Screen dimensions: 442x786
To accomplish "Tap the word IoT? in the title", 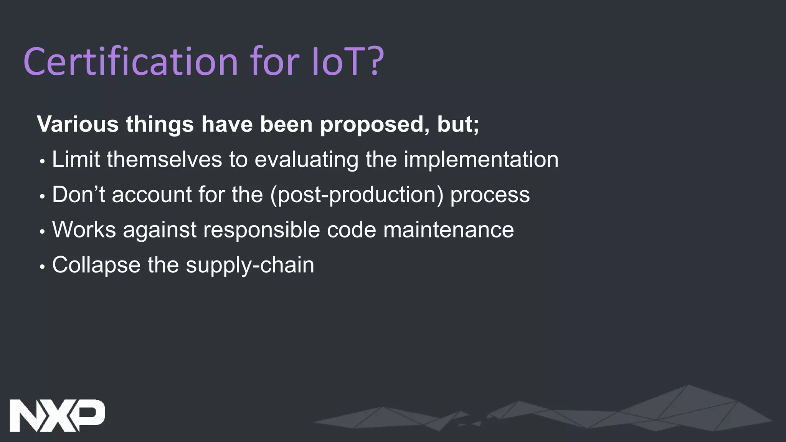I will (x=348, y=61).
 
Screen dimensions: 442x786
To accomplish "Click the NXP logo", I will (x=57, y=416).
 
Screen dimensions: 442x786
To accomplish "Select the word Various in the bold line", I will (x=78, y=124).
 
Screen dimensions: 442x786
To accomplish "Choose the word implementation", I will (x=481, y=160).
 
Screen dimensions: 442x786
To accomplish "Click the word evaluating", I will (x=306, y=160).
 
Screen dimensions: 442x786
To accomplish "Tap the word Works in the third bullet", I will (x=84, y=229).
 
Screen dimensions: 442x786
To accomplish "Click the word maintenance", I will (x=448, y=229).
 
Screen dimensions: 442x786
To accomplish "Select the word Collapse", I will (x=96, y=265).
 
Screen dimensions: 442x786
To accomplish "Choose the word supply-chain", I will (x=250, y=265).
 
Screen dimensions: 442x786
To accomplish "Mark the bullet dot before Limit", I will (x=42, y=161).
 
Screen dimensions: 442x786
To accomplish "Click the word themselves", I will (x=164, y=159).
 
